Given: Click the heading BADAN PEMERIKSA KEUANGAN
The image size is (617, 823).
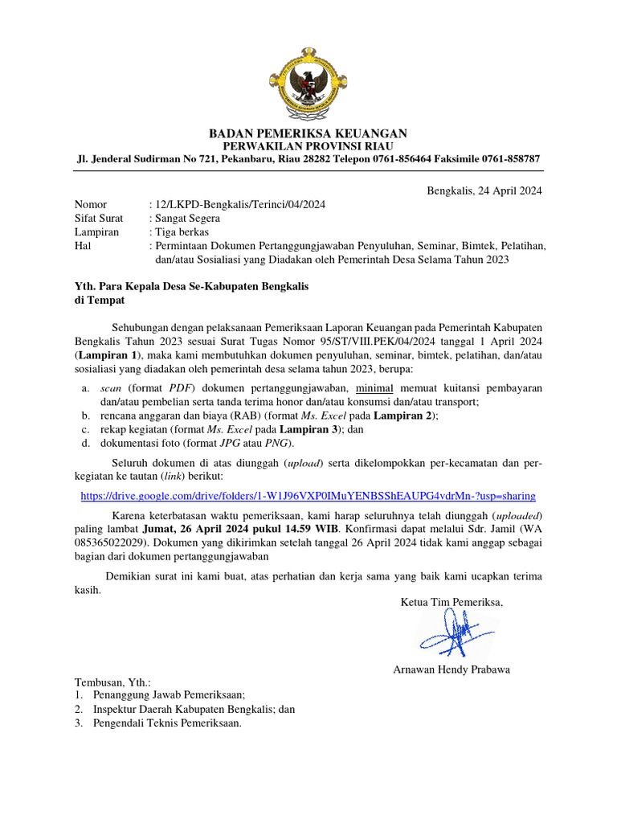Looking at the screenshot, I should coord(308,133).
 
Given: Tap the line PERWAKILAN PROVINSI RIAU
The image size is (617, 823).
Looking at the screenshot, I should coord(308,145).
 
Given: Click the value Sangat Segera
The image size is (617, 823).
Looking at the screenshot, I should coord(188,218).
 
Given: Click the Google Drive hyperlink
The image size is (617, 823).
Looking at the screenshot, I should coord(308,496).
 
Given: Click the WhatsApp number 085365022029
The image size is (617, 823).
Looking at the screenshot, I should coord(108,542).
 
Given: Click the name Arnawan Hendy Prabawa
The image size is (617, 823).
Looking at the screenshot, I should coord(451,669).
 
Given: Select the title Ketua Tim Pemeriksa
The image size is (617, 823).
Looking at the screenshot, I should coord(451,602).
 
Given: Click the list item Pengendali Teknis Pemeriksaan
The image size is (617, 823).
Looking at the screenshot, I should coord(167,723).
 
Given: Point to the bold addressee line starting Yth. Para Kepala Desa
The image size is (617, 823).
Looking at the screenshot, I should coord(192,287).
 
